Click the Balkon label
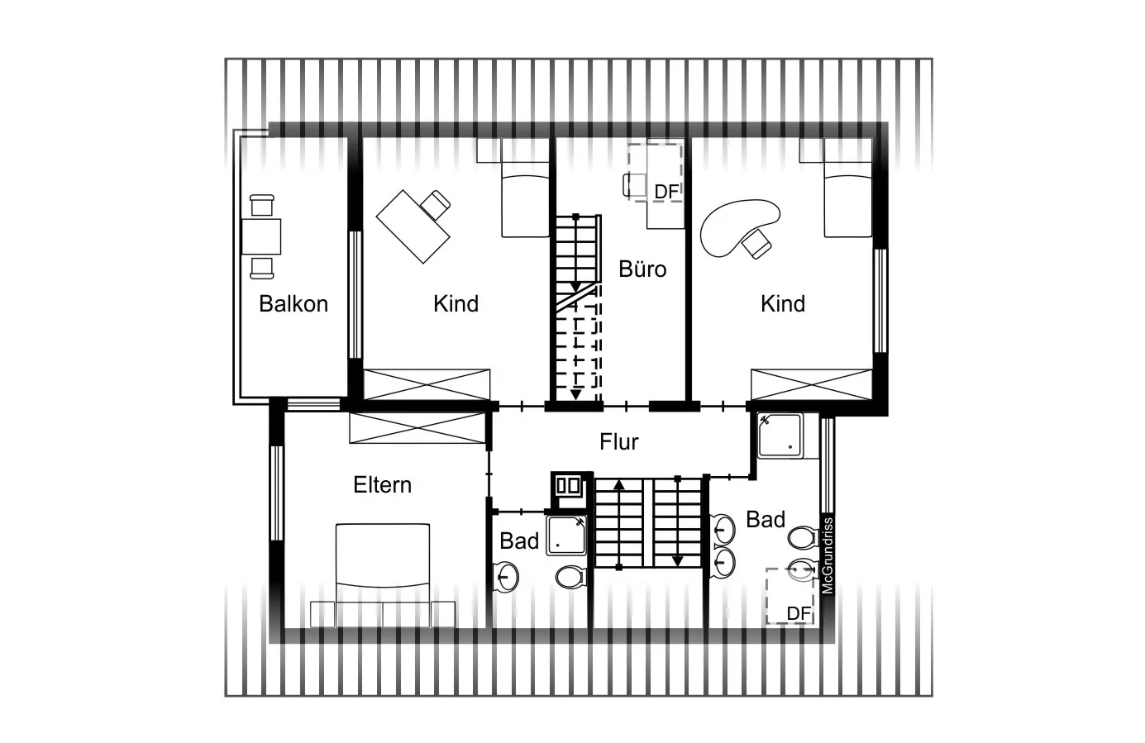tap(293, 303)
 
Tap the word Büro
tap(642, 269)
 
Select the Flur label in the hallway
tap(619, 441)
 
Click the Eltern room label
tap(382, 484)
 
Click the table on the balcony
tap(261, 236)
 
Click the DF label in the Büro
tap(666, 192)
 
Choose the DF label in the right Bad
tap(798, 613)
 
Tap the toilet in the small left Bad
tap(569, 576)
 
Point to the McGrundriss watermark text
tap(828, 555)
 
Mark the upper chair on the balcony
tap(261, 205)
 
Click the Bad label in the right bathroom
tap(765, 519)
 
